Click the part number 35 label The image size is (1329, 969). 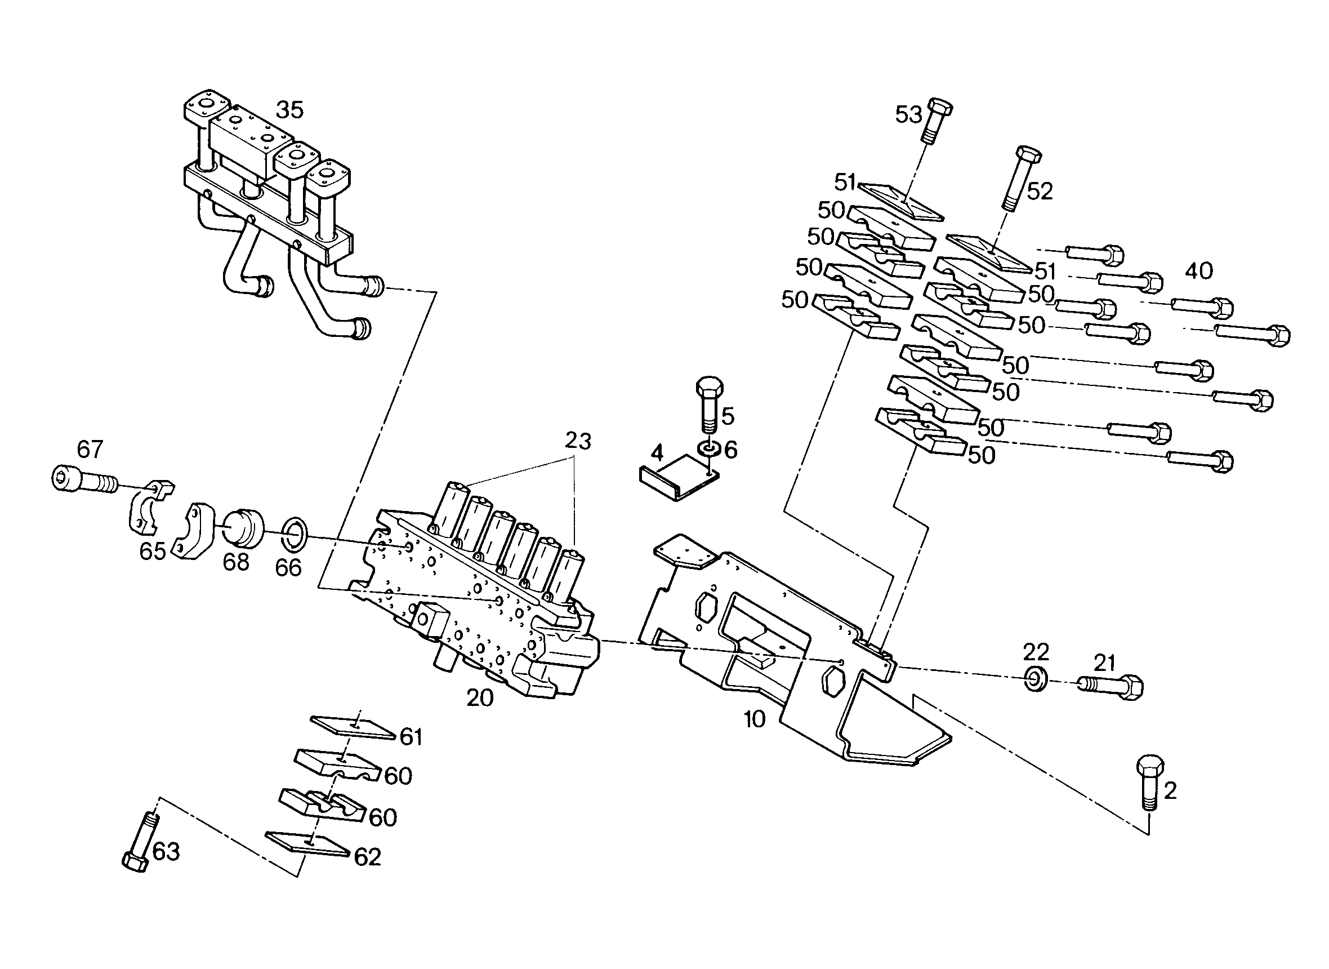[289, 110]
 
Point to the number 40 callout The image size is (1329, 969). [1199, 271]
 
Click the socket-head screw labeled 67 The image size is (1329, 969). [84, 480]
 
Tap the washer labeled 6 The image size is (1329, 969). [710, 450]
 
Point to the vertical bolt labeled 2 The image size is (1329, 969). [1149, 783]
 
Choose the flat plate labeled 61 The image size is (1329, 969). [353, 727]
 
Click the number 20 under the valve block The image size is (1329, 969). [480, 697]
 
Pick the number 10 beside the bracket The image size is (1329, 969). [755, 719]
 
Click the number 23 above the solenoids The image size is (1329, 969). [578, 441]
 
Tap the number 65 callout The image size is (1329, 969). [153, 551]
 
